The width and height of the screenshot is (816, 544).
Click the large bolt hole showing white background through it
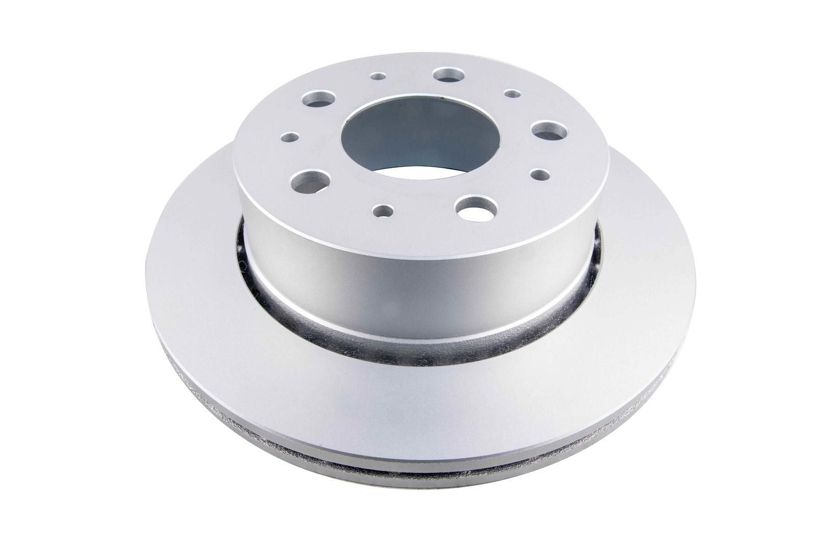tap(477, 207)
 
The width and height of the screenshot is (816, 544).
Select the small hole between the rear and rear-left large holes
tap(378, 77)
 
